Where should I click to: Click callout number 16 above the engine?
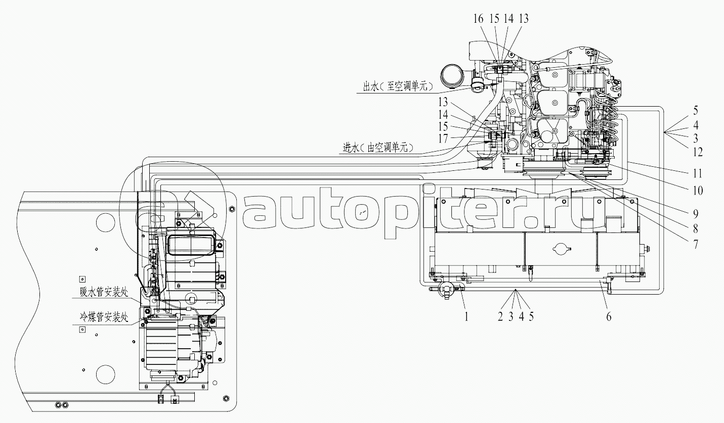(478, 19)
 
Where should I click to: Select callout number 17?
(443, 138)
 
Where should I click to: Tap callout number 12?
(698, 152)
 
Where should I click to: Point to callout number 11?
(698, 173)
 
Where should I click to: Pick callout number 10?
(698, 191)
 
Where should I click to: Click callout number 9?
(696, 214)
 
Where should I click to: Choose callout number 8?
(696, 229)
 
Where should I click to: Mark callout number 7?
(696, 245)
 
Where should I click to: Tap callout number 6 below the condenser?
(609, 317)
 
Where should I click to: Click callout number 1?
(466, 317)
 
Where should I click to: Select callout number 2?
(500, 317)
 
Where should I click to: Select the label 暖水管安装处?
(104, 292)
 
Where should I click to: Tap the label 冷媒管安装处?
(104, 317)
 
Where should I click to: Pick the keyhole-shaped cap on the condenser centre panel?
(562, 249)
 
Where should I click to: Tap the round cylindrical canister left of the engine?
(450, 76)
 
